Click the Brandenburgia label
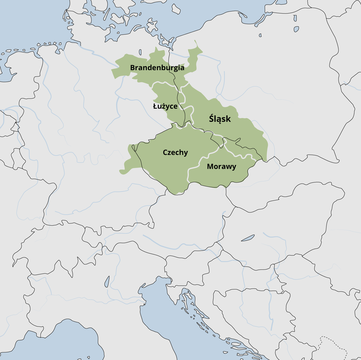(157, 68)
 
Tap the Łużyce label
(165, 106)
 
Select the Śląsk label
(220, 119)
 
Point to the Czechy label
(175, 152)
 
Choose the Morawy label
(221, 166)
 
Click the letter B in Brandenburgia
(133, 68)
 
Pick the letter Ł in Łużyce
(155, 106)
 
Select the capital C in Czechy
(165, 152)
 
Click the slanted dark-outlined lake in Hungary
(247, 238)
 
